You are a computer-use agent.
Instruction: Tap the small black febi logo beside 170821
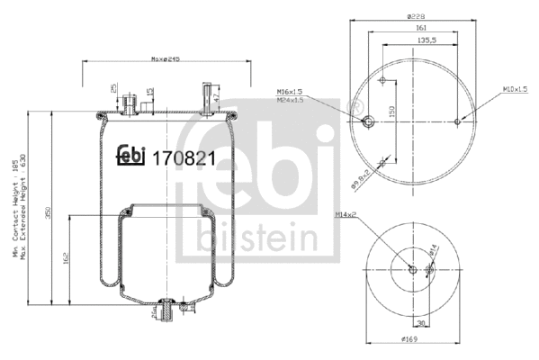130,155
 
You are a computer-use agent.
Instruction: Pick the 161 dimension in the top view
421,29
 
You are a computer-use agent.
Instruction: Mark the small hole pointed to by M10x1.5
458,122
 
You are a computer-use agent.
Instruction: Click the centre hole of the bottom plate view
412,270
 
